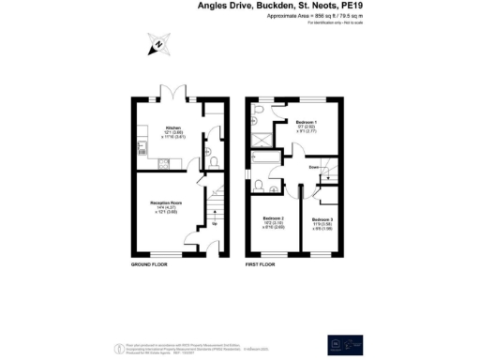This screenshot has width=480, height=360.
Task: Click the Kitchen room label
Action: click(173, 127)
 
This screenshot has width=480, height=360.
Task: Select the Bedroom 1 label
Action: click(307, 123)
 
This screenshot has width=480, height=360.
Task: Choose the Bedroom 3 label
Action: click(322, 218)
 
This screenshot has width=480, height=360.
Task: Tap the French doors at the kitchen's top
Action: click(174, 96)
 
